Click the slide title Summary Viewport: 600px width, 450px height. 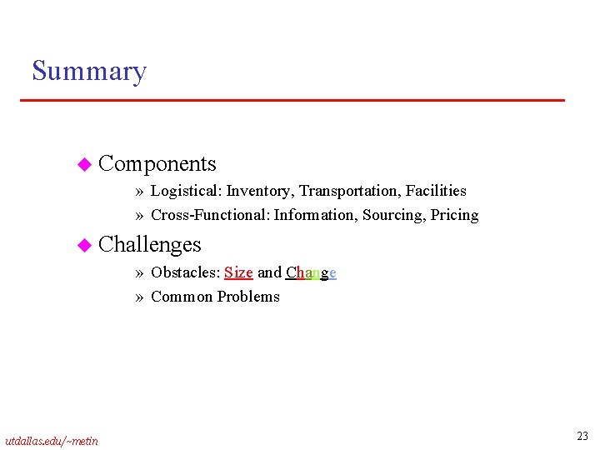tap(88, 72)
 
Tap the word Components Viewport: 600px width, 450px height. tap(157, 164)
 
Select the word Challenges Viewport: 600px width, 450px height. tap(149, 244)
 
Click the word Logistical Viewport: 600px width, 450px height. tap(186, 192)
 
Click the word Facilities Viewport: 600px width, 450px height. tap(436, 192)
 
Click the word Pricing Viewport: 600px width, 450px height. tap(454, 215)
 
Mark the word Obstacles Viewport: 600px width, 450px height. tap(185, 272)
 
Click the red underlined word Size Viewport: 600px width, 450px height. tap(238, 272)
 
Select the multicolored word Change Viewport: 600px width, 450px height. tap(311, 272)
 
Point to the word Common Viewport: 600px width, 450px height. tap(182, 297)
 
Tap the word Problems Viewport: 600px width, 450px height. tap(248, 297)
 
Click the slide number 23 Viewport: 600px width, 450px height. tap(582, 436)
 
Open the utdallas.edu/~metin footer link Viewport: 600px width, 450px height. tap(51, 440)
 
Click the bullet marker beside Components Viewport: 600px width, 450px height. tap(82, 165)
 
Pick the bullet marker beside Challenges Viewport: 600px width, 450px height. tap(82, 245)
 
